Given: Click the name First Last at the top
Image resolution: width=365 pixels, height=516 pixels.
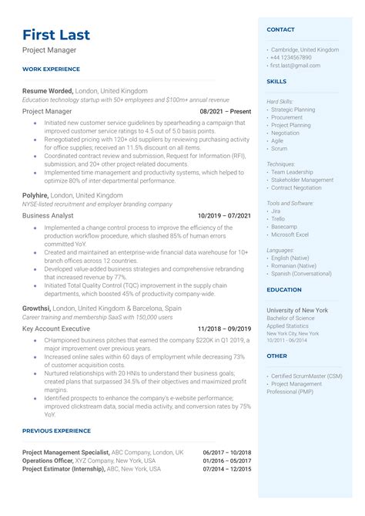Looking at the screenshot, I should pyautogui.click(x=56, y=35).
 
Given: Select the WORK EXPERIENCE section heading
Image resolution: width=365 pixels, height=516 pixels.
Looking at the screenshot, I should pyautogui.click(x=51, y=69).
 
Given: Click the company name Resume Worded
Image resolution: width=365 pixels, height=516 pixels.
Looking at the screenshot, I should pyautogui.click(x=47, y=91).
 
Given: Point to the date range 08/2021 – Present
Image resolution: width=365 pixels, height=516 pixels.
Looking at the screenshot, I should pyautogui.click(x=226, y=111).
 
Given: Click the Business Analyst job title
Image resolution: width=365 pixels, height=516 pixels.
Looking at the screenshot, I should pyautogui.click(x=48, y=216).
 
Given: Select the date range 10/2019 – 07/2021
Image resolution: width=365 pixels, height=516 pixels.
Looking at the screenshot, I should pyautogui.click(x=224, y=216).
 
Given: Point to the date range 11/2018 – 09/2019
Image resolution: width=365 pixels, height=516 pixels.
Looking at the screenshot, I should pyautogui.click(x=224, y=329).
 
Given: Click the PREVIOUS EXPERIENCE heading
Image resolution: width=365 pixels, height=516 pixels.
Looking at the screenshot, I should pyautogui.click(x=56, y=431).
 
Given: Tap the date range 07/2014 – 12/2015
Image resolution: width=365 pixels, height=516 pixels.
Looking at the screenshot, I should pyautogui.click(x=227, y=468).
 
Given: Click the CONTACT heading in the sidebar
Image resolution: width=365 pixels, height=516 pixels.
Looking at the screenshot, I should pyautogui.click(x=280, y=29).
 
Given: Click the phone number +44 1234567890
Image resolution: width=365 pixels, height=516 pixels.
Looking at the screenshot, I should pyautogui.click(x=291, y=58).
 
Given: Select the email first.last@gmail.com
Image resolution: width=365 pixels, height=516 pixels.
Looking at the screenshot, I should pyautogui.click(x=295, y=66).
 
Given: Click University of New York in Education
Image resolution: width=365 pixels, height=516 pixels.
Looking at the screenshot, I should pyautogui.click(x=296, y=309).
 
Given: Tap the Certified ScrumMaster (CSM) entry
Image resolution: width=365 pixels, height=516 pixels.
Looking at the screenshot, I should pyautogui.click(x=306, y=376).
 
